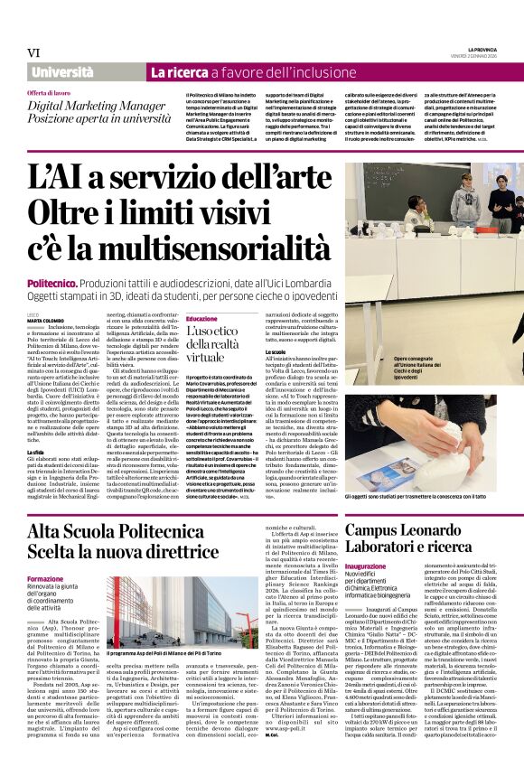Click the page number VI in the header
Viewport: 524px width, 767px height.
click(x=33, y=52)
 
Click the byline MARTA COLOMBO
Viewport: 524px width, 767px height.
click(x=46, y=320)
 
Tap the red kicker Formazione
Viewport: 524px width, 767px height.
click(x=45, y=578)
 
